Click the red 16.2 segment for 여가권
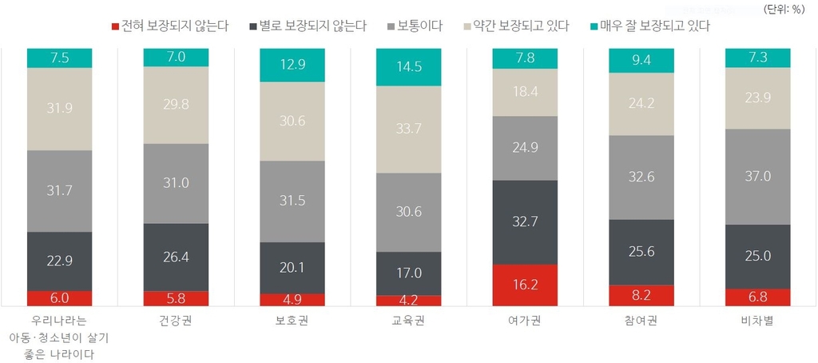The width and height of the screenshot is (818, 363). coord(525,285)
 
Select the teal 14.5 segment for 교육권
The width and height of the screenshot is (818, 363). coord(408,67)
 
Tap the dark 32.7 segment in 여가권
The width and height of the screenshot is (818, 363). coord(525,222)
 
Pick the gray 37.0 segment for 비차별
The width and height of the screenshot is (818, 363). coord(757,177)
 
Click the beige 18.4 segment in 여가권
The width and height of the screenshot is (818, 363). coord(525,92)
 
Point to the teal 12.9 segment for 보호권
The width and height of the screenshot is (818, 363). coord(292,65)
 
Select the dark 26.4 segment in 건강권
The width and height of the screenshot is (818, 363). coord(176,257)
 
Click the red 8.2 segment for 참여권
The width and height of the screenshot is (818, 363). coord(641,295)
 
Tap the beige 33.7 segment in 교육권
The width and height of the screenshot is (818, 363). coord(408,130)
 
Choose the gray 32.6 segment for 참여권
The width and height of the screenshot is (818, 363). coord(641,178)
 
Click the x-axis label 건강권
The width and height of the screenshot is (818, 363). coord(176,321)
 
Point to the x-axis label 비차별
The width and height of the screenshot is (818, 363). coord(757,321)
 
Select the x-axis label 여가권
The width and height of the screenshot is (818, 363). coord(525,321)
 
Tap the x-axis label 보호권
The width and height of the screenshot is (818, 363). coord(292,321)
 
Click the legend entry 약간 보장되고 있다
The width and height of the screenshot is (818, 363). coord(518,26)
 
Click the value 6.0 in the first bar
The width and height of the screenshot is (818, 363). coord(60,297)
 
